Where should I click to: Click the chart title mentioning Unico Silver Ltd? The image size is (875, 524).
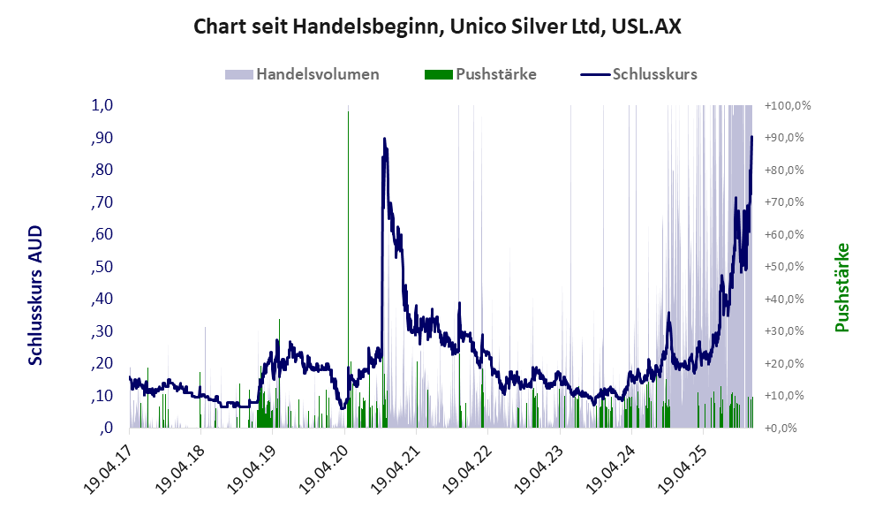(437, 27)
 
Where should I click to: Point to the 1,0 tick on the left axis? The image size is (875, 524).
(102, 105)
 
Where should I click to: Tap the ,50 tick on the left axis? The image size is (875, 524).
(102, 267)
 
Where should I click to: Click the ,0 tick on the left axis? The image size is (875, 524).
(106, 429)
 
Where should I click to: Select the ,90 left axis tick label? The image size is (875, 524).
(102, 138)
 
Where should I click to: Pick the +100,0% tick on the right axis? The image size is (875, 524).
(788, 105)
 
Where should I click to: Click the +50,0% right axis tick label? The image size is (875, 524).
(788, 267)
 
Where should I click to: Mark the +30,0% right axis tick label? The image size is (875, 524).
(788, 331)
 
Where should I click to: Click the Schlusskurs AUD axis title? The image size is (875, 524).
(35, 294)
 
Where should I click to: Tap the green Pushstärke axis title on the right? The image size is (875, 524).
(841, 287)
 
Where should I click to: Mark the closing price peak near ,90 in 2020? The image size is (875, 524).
(384, 139)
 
